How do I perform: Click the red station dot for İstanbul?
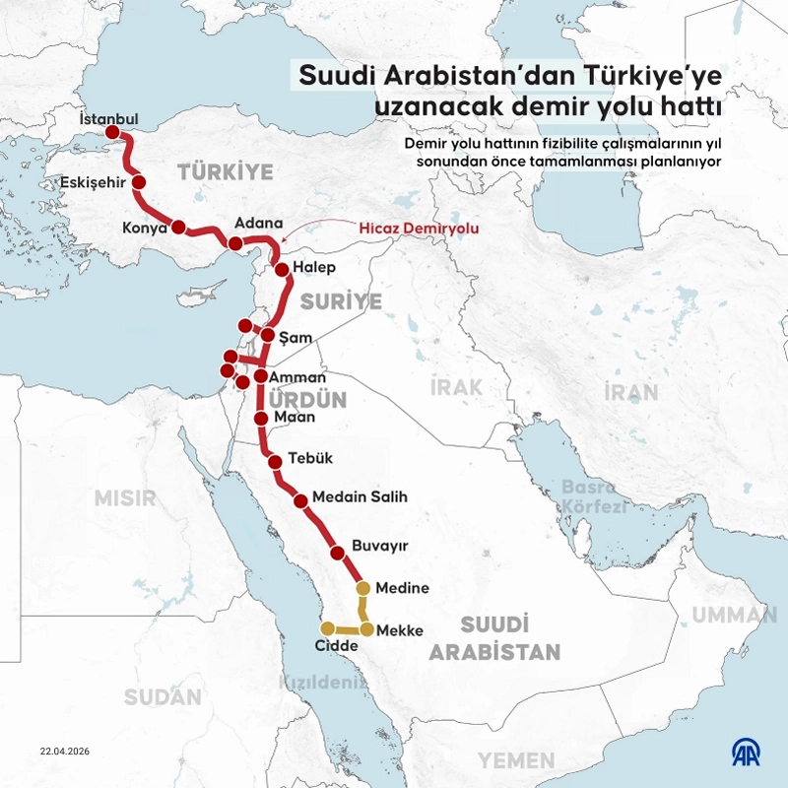(x=112, y=132)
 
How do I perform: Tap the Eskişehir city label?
(x=93, y=182)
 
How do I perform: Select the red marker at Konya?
(x=178, y=227)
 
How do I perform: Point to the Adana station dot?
(x=235, y=243)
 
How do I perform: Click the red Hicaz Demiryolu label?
(x=419, y=227)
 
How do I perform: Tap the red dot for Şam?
(x=267, y=335)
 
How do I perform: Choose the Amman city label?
(x=296, y=377)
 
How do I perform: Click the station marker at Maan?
(x=261, y=419)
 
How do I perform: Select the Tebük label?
(x=311, y=458)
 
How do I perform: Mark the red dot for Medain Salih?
(x=300, y=500)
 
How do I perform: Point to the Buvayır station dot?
(x=336, y=554)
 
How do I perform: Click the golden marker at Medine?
(x=362, y=588)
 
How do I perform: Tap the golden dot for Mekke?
(x=366, y=628)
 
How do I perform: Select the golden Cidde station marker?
(x=327, y=627)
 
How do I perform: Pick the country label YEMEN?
(x=516, y=760)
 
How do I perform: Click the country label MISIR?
(x=125, y=498)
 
